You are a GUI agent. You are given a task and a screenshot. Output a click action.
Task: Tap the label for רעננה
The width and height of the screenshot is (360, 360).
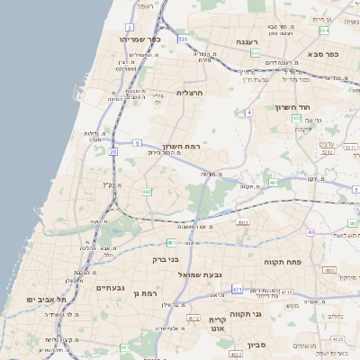[x=248, y=41]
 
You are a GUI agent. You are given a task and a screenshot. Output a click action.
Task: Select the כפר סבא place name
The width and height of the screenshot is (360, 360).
[x=320, y=54]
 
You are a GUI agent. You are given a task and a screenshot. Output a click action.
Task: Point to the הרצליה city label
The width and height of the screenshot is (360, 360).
[x=190, y=93]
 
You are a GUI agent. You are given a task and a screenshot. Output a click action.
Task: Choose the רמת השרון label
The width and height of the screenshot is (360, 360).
[x=186, y=146]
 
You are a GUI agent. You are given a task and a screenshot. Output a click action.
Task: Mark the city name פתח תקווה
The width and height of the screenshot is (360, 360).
[x=282, y=262]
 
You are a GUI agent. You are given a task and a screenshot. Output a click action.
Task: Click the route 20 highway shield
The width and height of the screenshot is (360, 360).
[x=113, y=152]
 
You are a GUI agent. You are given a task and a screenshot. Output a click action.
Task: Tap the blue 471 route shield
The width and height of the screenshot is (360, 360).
[x=237, y=289]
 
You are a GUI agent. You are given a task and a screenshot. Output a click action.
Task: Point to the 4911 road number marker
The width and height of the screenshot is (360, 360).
[x=243, y=221]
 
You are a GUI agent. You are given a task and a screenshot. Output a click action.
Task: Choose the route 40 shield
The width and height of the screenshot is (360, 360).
[x=310, y=232]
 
